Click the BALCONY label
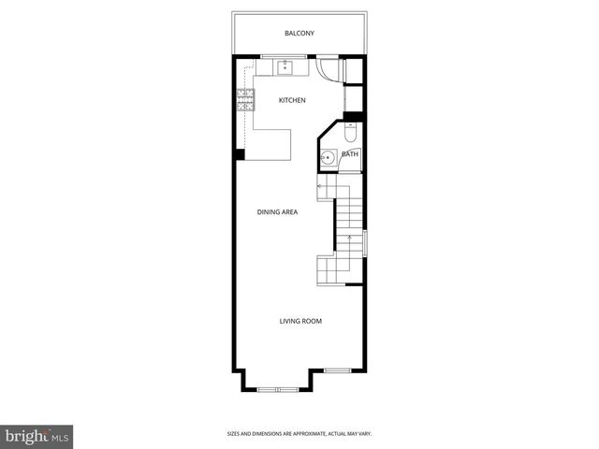299,34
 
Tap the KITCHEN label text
293,100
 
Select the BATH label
349,154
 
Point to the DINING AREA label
278,212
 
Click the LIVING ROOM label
300,321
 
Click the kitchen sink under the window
285,68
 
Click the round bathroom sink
329,158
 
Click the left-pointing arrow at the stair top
322,185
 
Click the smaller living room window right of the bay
337,370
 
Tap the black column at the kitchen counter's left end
240,154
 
